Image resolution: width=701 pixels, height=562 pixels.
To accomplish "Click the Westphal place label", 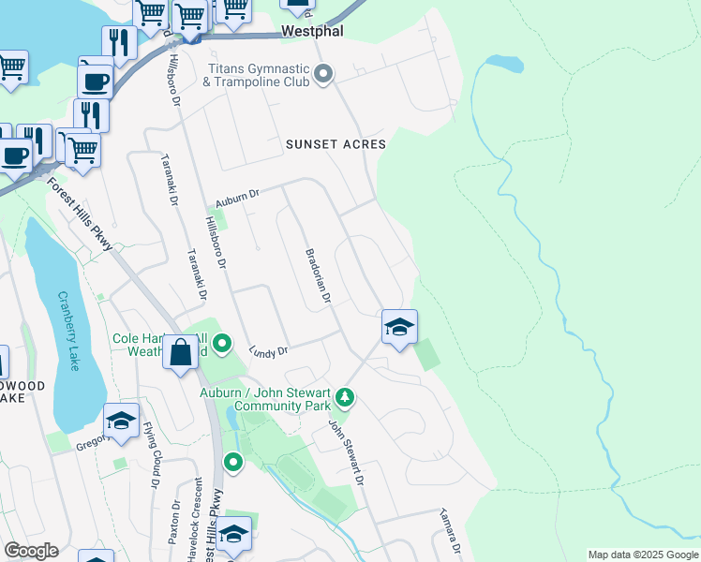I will click(313, 32).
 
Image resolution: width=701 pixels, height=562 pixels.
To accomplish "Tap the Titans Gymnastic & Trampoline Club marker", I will click(324, 73).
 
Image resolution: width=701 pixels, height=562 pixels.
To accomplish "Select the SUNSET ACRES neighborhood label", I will click(336, 144).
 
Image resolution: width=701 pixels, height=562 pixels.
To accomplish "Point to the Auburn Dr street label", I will click(235, 197).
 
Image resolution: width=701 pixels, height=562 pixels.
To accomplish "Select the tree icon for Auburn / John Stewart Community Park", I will click(346, 397).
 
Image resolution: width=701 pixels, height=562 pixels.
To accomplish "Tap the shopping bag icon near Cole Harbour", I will click(181, 353).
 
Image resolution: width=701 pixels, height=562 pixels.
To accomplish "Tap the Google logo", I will click(31, 551).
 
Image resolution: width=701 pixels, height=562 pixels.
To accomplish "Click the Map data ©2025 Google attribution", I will click(643, 555).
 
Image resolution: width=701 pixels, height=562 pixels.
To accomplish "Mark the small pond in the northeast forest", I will click(504, 64).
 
